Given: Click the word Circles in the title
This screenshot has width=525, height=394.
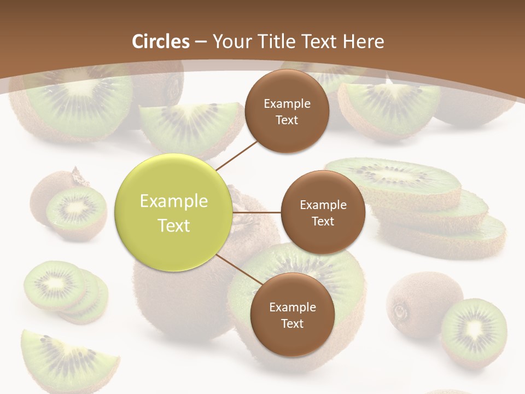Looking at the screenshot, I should [161, 42].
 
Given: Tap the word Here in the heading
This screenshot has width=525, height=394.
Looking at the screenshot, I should [364, 42].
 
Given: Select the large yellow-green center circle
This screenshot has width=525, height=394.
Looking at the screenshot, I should [173, 212].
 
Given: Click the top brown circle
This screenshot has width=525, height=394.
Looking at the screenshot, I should [287, 111].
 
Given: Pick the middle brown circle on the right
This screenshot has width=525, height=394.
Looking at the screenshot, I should [323, 212].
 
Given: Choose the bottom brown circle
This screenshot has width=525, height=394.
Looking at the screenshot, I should [292, 315].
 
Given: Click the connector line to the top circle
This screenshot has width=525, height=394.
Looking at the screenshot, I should [236, 154].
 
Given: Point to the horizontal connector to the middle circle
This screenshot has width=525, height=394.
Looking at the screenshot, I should [256, 212].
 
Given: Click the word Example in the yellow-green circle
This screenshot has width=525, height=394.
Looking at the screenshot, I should [173, 201].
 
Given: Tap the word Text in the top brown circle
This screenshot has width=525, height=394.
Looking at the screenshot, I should [287, 120].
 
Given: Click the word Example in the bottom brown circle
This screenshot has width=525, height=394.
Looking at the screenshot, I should [292, 307].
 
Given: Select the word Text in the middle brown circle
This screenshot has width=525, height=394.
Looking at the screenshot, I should [323, 221].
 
